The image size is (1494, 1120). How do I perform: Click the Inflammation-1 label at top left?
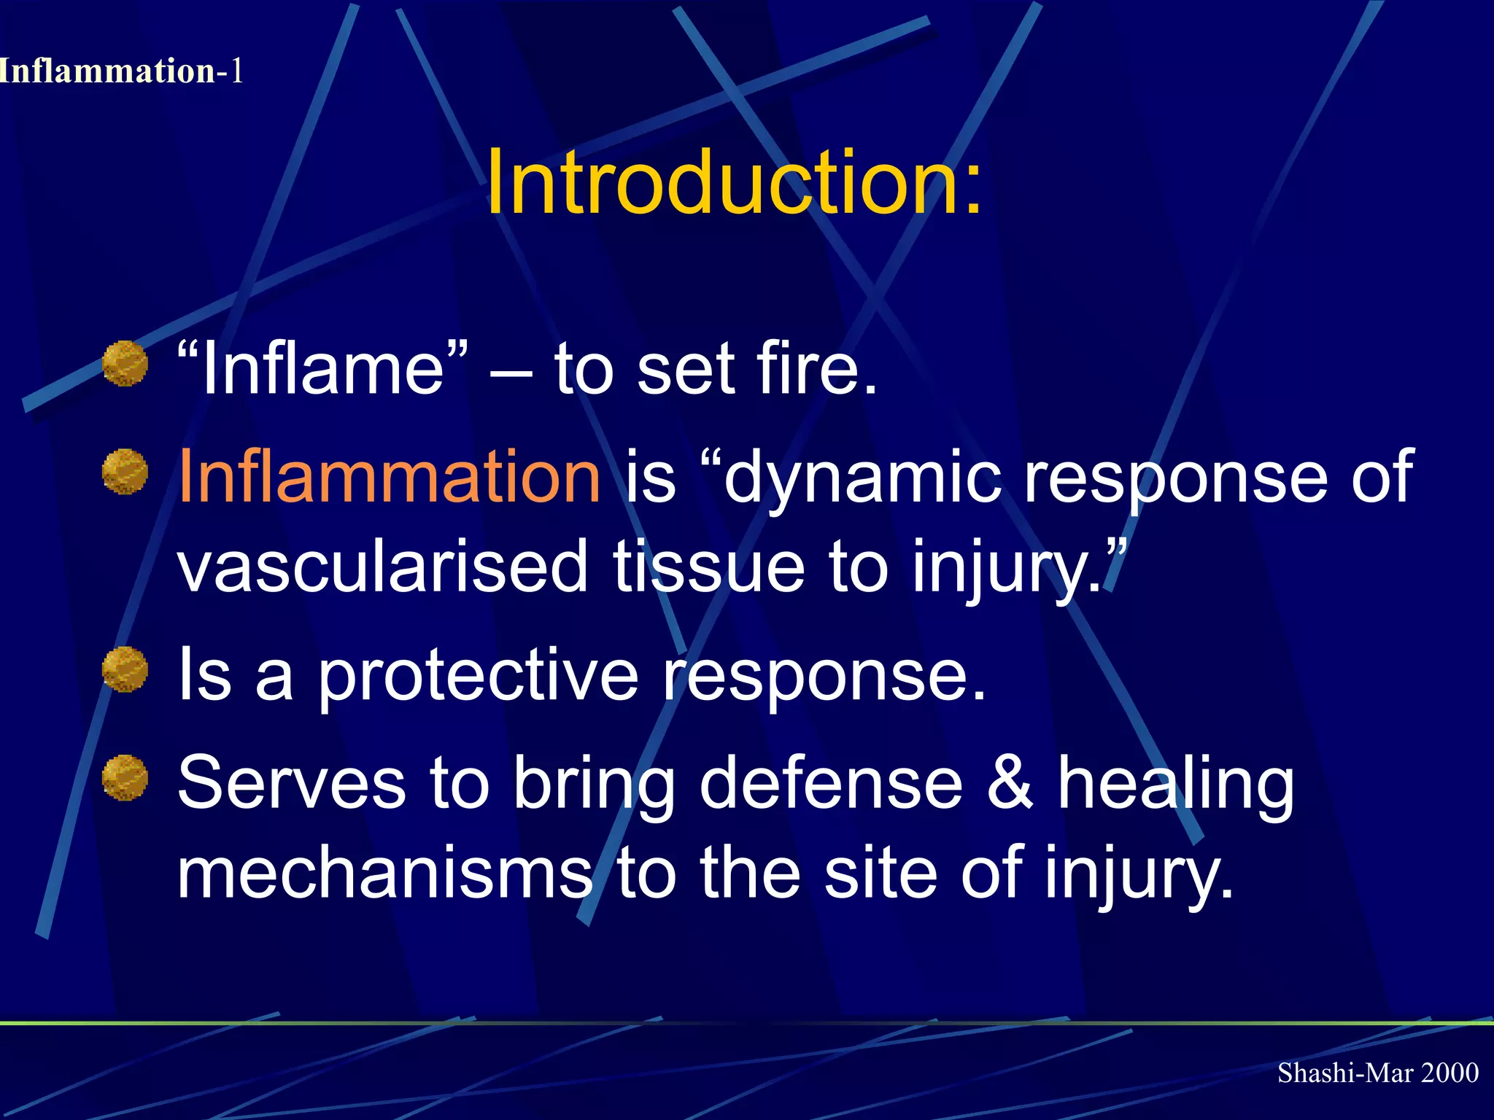point(120,71)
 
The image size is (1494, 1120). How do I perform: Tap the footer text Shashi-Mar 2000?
point(1377,1073)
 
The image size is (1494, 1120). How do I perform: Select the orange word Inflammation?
point(390,477)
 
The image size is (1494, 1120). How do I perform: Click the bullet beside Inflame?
point(125,363)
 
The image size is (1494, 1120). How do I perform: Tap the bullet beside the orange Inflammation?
point(125,471)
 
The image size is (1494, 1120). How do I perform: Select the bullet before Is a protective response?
point(125,669)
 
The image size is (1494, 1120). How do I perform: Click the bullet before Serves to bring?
point(125,777)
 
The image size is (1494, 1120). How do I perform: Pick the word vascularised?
point(382,567)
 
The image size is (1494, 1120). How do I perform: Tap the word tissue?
point(708,567)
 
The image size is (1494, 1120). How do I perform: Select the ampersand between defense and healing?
point(1010,783)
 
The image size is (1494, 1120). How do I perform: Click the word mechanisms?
point(384,872)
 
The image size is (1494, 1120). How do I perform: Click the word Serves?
point(291,783)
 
